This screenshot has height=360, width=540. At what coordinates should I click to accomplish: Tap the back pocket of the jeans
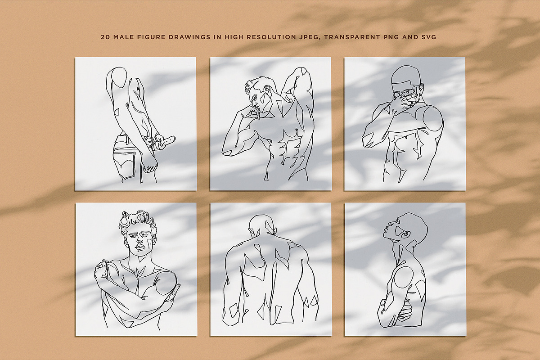coord(125,167)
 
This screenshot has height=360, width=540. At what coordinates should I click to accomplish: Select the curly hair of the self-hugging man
coord(137,220)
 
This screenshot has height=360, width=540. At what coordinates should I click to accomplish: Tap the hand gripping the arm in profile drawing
coord(405,309)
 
